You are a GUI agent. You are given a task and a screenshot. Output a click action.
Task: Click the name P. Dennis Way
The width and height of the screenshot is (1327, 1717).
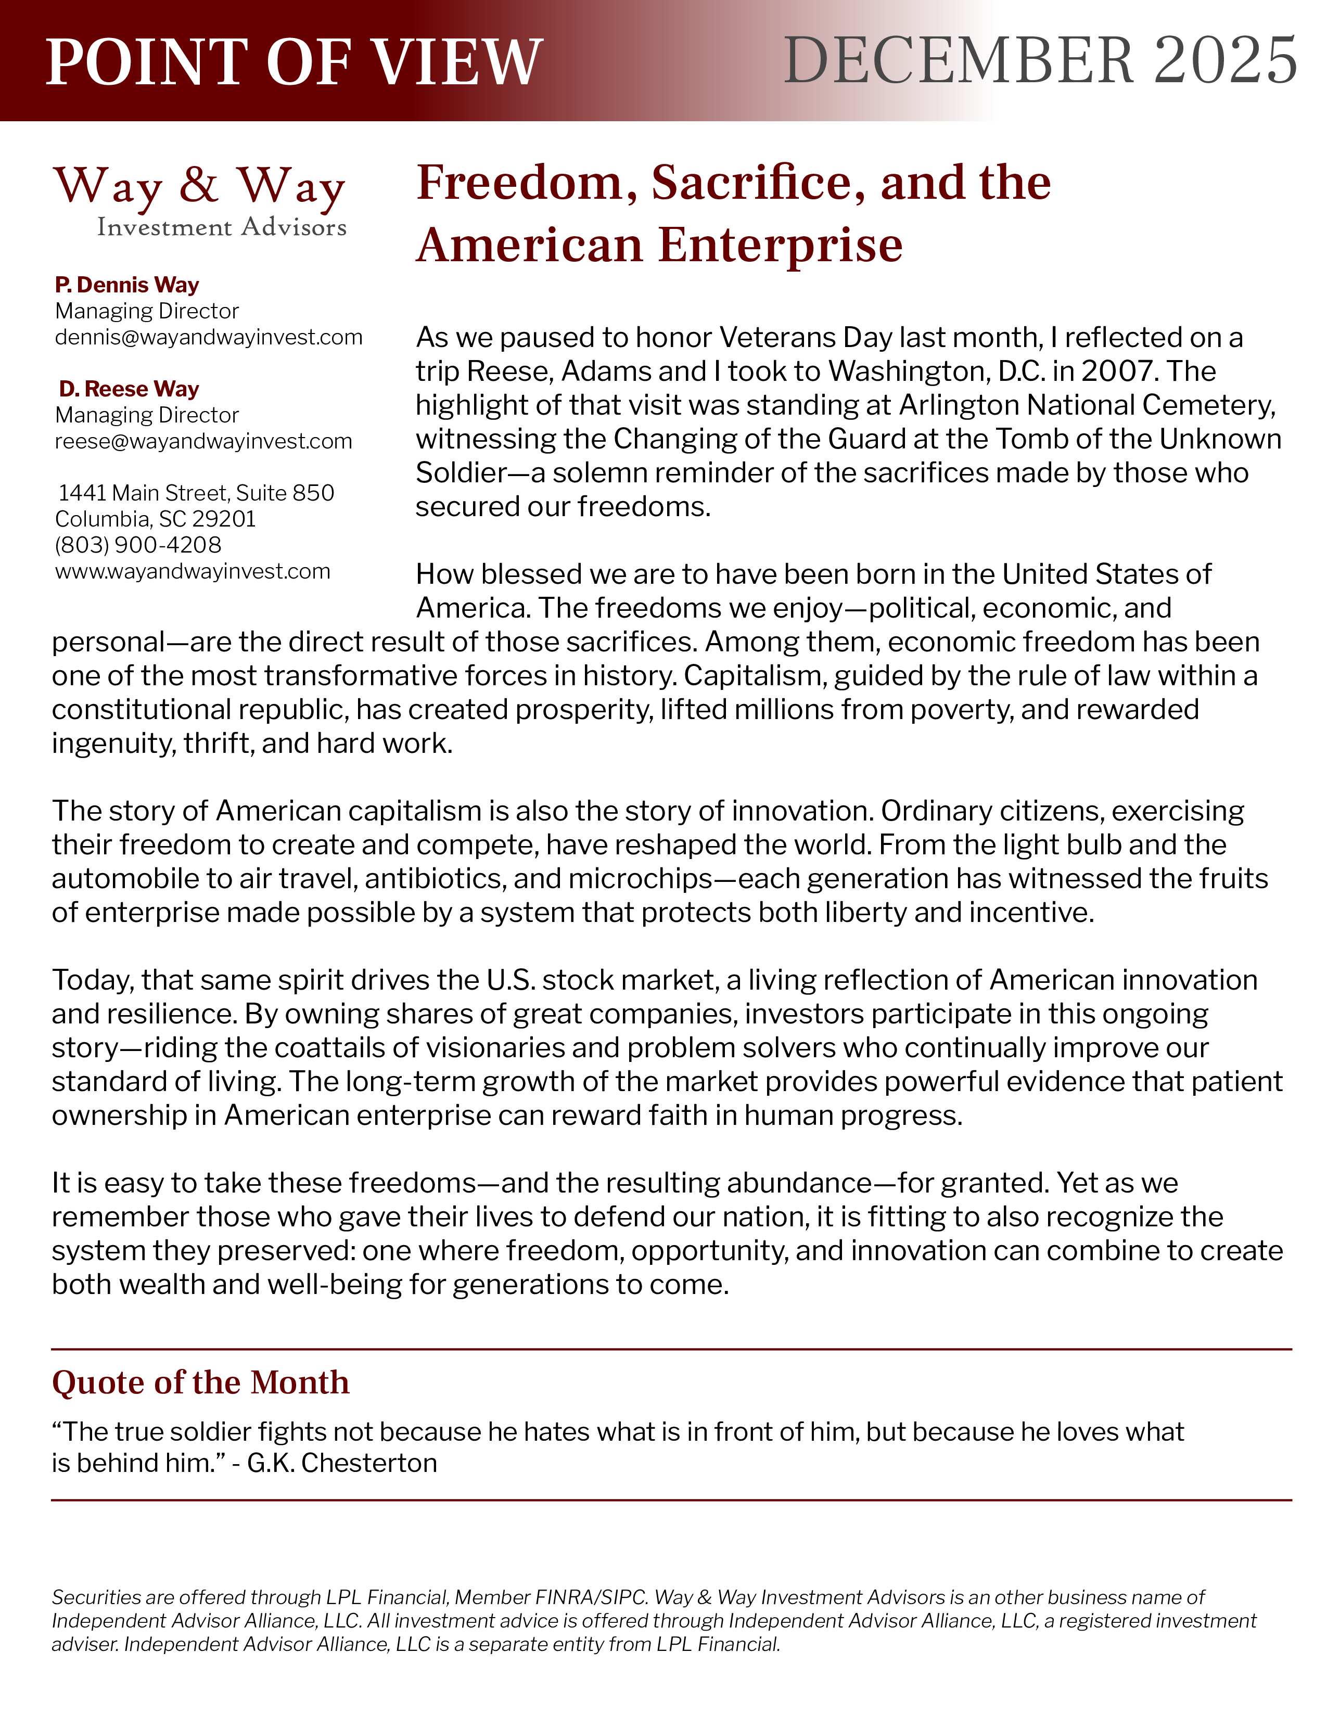coord(126,285)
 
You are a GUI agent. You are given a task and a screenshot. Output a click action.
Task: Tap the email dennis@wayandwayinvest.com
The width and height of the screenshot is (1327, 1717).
coord(208,337)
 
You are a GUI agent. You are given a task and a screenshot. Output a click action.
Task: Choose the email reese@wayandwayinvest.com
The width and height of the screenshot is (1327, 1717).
coord(203,441)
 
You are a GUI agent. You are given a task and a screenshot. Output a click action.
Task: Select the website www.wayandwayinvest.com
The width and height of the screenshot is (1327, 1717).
coord(193,571)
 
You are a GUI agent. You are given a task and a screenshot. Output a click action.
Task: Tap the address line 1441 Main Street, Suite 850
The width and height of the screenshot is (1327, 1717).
coord(196,493)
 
